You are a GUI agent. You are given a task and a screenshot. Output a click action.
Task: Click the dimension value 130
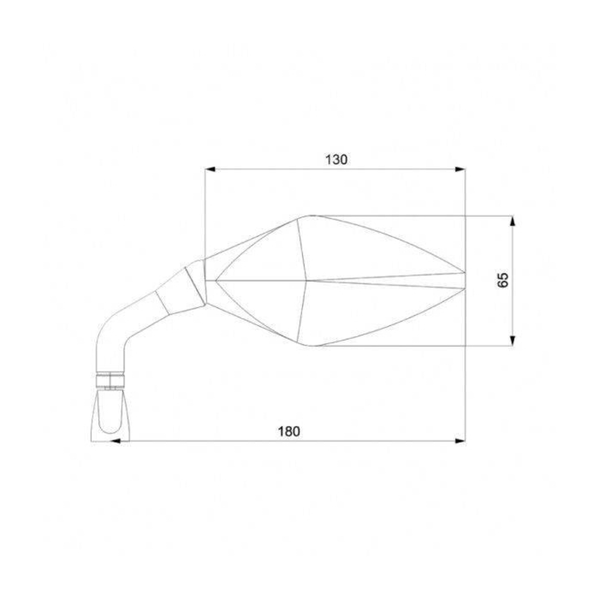point(336,160)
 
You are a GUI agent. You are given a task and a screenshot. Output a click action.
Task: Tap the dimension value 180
point(289,432)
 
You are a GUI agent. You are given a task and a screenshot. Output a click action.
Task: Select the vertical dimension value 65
point(503,280)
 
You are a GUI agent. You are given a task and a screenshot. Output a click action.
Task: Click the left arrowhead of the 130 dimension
point(210,169)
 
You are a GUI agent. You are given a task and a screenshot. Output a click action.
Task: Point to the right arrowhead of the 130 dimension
point(460,169)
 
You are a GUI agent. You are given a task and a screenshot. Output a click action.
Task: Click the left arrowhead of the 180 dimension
point(114,441)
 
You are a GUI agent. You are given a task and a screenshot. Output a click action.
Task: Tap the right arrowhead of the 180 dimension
point(460,441)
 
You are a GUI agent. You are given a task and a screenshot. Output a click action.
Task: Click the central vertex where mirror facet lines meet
point(307,281)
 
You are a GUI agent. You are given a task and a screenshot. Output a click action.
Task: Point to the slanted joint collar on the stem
point(195,283)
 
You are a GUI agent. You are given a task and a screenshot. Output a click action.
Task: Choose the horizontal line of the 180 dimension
point(289,441)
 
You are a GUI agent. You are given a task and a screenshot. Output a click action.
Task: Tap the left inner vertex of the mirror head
point(215,281)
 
